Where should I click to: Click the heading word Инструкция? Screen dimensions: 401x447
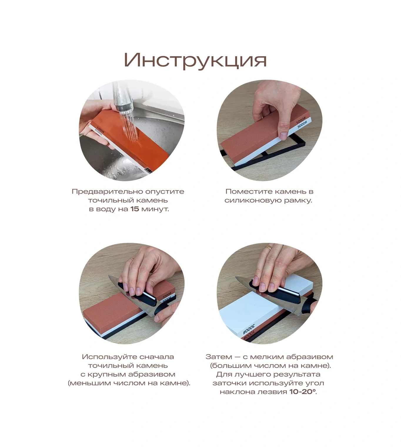(195, 61)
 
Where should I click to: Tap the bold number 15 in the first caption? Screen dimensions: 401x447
(135, 209)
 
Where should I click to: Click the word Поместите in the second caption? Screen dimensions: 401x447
(246, 192)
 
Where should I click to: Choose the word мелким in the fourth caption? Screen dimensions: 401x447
(264, 357)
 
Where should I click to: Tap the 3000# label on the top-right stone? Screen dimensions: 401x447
(302, 125)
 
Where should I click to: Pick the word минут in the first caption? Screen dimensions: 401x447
(155, 209)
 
